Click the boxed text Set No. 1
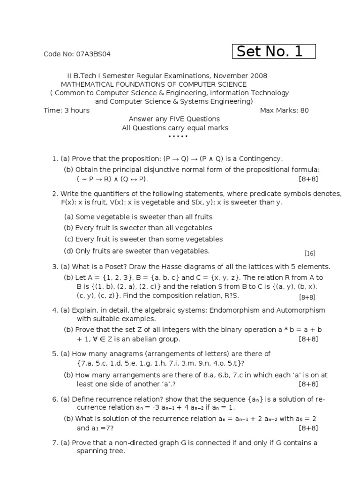click(274, 52)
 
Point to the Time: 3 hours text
click(66, 111)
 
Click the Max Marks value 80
click(305, 111)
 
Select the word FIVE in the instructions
click(175, 119)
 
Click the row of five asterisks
click(178, 136)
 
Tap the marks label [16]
click(309, 254)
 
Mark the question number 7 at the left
click(54, 442)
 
